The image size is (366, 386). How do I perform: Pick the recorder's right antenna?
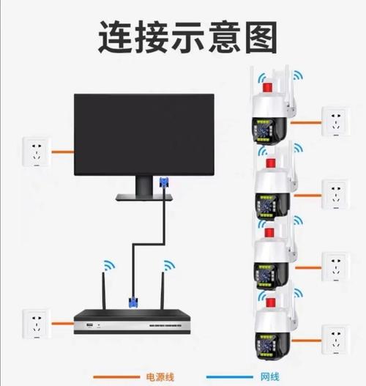[166, 286]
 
